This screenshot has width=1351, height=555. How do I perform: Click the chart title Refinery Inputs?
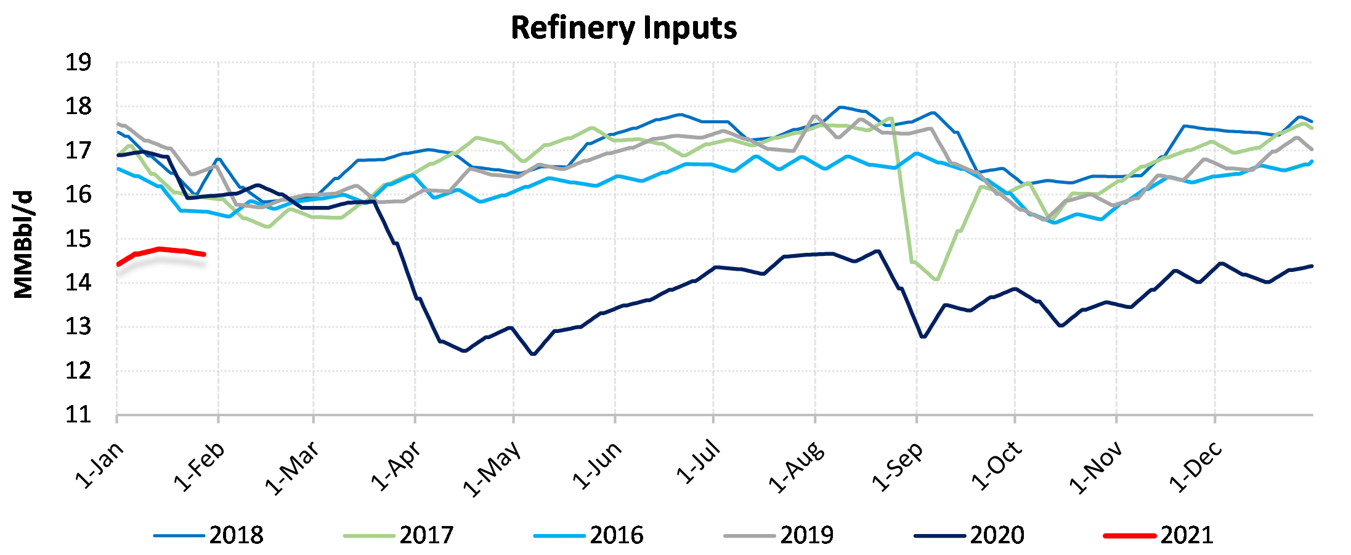(x=623, y=28)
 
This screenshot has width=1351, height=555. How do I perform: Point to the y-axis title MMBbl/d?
(x=23, y=245)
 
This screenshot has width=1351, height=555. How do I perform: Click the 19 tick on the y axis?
(x=78, y=63)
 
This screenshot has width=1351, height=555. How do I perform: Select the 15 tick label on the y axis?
(x=78, y=239)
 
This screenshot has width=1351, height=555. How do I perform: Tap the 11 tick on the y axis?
(x=78, y=415)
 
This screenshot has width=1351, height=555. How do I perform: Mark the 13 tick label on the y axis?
(x=78, y=327)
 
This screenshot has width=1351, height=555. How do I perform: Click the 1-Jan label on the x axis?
(x=99, y=466)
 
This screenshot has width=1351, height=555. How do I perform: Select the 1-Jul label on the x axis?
(x=698, y=462)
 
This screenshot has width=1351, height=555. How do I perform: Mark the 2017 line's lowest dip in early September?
(x=936, y=279)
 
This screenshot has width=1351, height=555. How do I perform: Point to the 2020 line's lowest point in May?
(x=533, y=354)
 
